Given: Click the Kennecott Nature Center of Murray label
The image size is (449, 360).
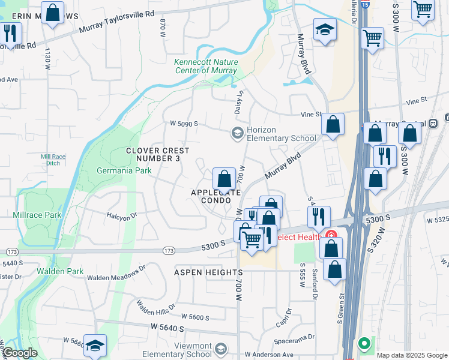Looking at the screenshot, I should [206, 66].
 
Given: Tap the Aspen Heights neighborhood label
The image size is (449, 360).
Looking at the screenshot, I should [208, 272].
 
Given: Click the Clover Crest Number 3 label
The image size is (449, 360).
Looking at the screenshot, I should [158, 155].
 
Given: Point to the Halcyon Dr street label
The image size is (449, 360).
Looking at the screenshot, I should [122, 215].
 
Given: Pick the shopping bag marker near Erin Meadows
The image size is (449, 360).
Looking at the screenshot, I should [53, 13].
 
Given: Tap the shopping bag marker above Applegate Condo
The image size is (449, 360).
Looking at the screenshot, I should [224, 178].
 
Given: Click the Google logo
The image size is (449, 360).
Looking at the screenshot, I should [20, 353].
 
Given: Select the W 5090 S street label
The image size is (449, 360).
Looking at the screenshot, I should [184, 124].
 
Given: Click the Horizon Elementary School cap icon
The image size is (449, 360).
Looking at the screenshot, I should [238, 133].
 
